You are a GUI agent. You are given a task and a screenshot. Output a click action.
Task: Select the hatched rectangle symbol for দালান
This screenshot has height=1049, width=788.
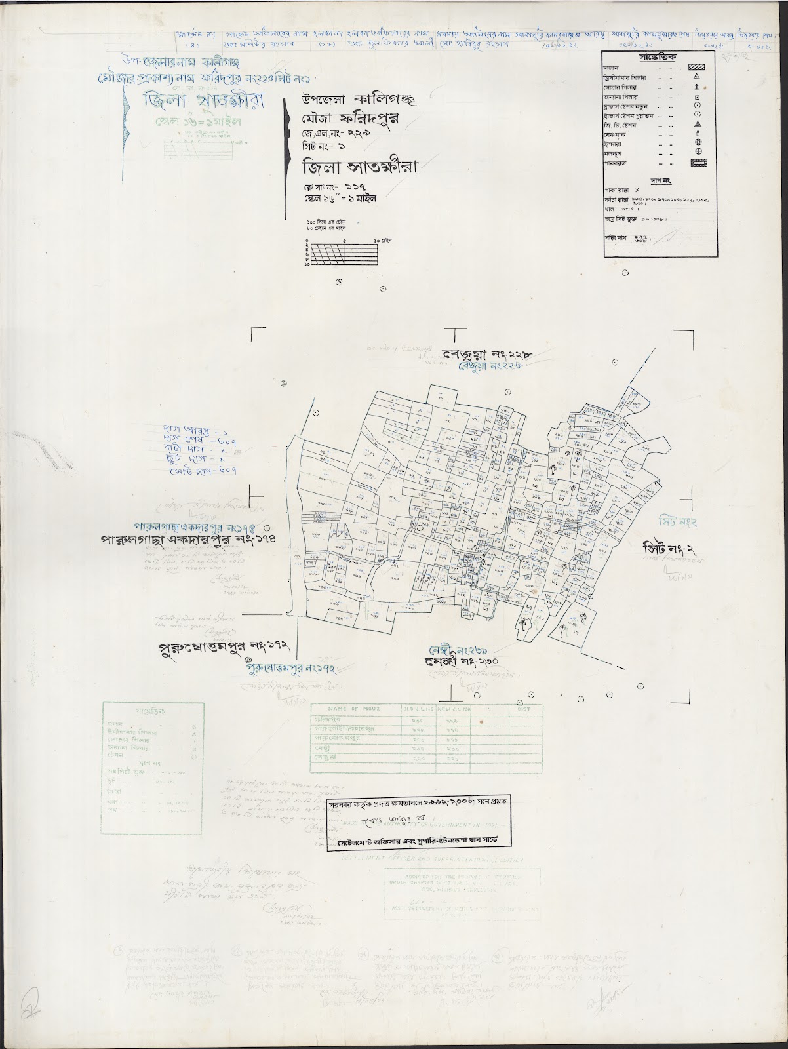(698, 66)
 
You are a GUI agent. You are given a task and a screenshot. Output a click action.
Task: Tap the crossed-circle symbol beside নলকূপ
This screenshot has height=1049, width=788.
(698, 151)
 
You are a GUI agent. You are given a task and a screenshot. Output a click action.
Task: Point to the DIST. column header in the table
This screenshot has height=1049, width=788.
(524, 709)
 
